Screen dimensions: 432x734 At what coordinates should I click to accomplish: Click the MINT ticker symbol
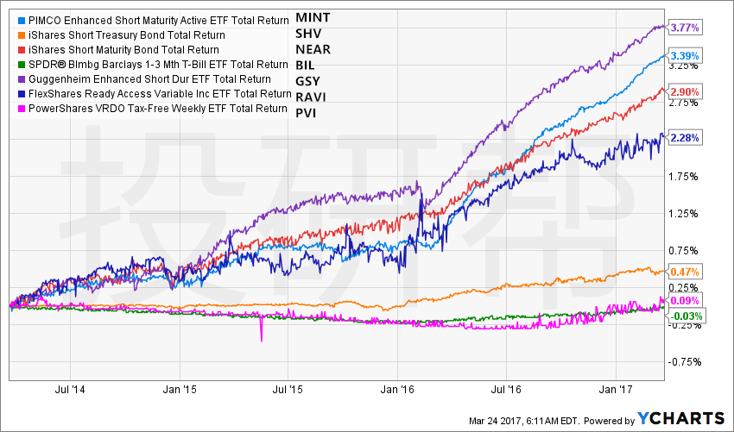(x=313, y=17)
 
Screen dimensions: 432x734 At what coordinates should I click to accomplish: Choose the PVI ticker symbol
(x=307, y=110)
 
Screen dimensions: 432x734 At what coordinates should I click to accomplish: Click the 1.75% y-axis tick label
(x=682, y=176)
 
